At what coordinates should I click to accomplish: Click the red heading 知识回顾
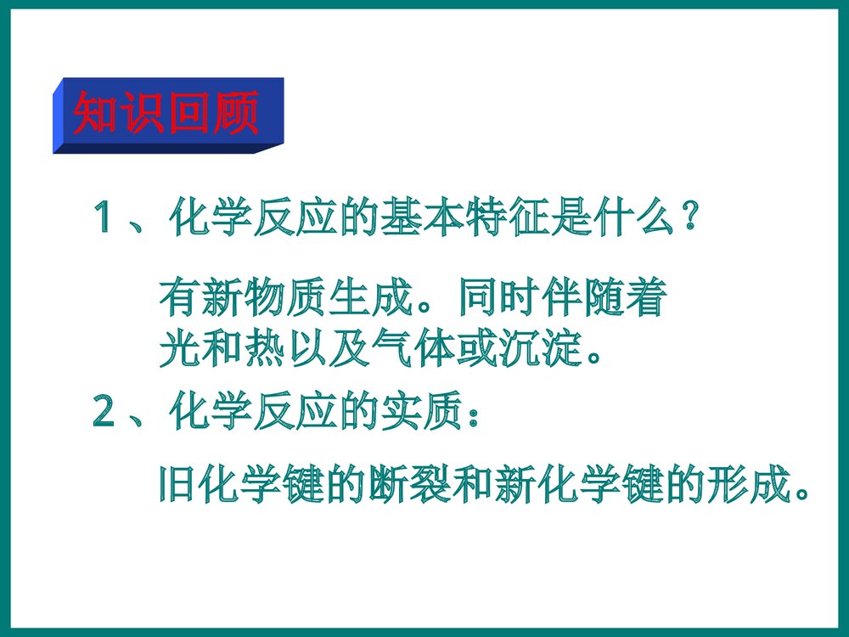(166, 113)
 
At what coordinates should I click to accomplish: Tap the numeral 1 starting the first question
(107, 218)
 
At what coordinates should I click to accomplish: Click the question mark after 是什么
(691, 218)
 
